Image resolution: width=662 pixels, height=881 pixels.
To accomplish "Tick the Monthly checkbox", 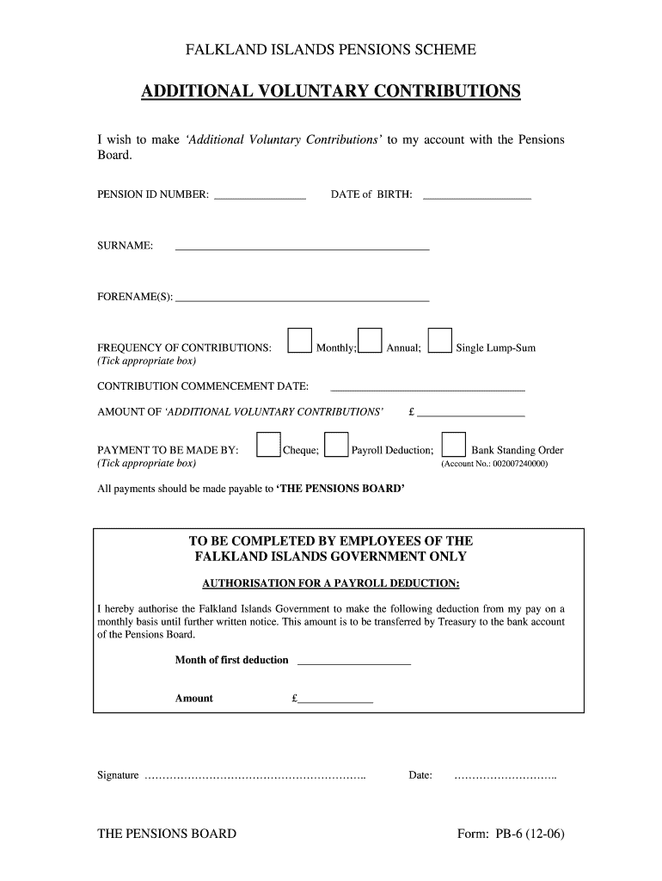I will click(299, 341).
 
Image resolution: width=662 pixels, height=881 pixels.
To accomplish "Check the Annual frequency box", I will click(370, 341).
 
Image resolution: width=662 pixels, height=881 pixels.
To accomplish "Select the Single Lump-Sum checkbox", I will click(439, 341).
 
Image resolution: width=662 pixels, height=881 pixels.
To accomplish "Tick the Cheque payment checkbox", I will click(269, 442).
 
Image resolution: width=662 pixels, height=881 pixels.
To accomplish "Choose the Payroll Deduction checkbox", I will click(337, 442).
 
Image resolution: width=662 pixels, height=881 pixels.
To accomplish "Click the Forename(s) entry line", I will click(302, 299).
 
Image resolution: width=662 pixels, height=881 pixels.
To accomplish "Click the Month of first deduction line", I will click(353, 662).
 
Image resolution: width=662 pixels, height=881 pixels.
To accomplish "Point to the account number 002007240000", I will click(494, 464).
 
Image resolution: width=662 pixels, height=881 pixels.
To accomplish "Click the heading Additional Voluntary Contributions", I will click(331, 91).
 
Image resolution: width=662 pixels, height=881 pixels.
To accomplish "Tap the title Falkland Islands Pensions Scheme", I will click(331, 51).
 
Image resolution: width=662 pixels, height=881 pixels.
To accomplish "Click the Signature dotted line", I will click(255, 776).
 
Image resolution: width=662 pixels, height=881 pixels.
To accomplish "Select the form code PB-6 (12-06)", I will click(512, 834).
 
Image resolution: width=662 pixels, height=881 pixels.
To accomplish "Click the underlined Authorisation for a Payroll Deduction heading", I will click(331, 584).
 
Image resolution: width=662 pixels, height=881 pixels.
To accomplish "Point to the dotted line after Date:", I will click(505, 776).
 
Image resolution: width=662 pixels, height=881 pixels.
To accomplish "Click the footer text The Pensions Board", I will click(167, 834).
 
